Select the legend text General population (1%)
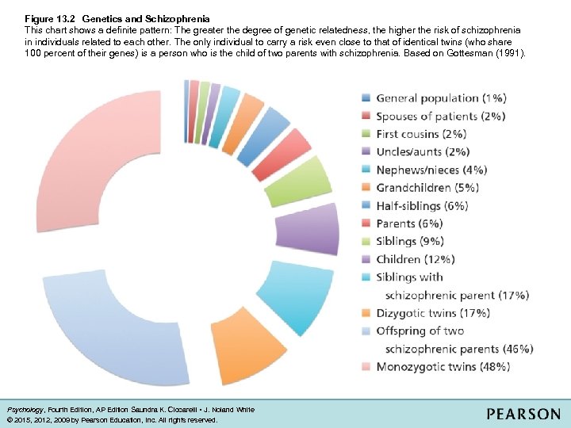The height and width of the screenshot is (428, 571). [x=441, y=98]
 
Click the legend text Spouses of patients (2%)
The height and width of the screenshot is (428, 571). [x=440, y=117]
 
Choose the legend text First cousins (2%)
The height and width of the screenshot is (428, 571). [x=421, y=134]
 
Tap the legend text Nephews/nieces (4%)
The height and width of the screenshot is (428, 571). [x=431, y=170]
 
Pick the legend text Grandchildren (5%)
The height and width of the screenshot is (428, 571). [x=427, y=188]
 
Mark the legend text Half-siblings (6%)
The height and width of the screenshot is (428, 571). [x=422, y=205]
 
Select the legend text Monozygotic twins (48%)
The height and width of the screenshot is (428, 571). [x=443, y=366]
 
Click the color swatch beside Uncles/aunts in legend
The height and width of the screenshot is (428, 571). [x=365, y=151]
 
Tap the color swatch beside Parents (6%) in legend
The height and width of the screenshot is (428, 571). [x=365, y=224]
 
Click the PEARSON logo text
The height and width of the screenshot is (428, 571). [x=523, y=414]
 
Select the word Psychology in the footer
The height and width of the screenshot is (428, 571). [x=26, y=410]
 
